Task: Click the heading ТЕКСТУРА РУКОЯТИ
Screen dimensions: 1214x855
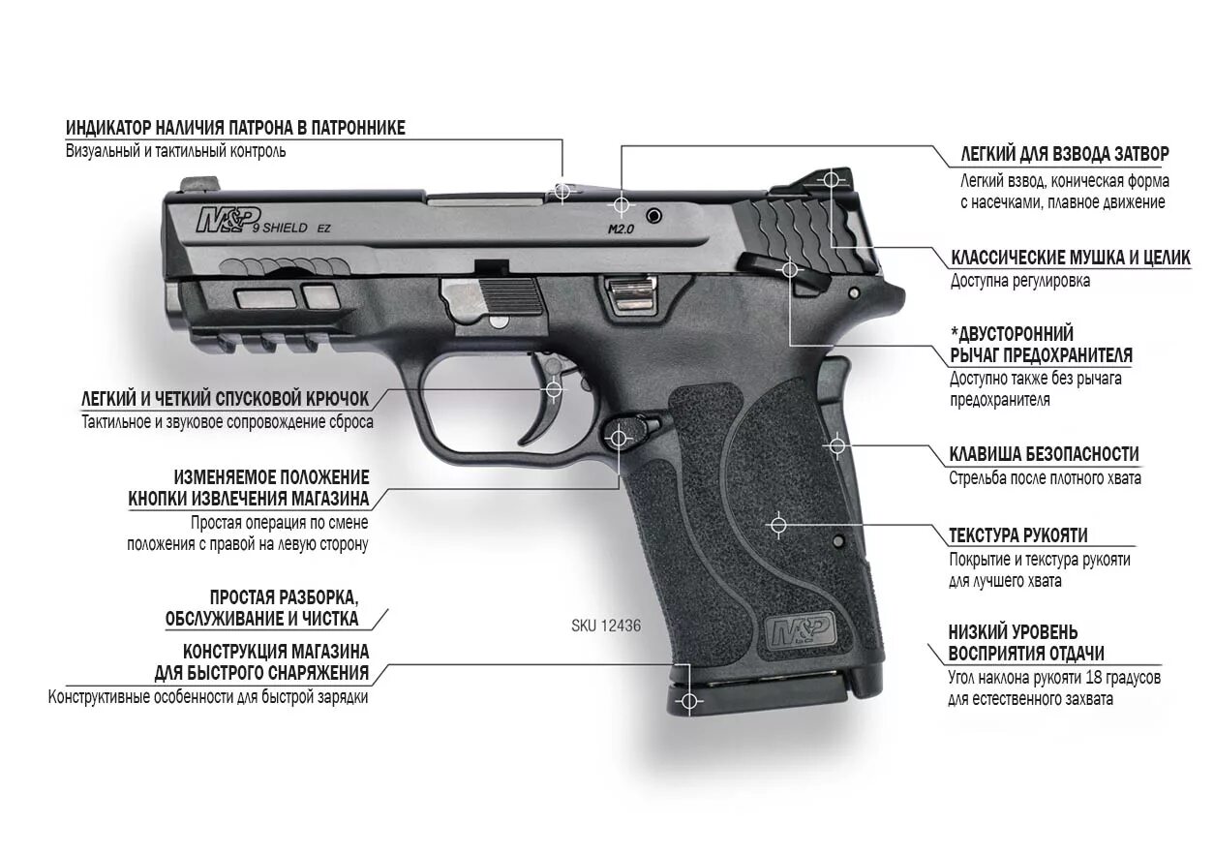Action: point(1017,535)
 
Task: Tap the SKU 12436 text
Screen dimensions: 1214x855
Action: point(605,626)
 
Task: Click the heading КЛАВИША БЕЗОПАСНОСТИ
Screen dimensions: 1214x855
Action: point(1044,454)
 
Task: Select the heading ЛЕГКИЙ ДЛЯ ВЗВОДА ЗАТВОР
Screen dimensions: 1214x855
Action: point(1064,154)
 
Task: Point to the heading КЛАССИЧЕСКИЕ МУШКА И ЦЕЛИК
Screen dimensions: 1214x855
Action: point(1071,258)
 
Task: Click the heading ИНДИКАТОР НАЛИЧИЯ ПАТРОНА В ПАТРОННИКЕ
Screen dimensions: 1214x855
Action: point(235,128)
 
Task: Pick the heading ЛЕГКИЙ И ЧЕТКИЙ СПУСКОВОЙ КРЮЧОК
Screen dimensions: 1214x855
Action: point(225,399)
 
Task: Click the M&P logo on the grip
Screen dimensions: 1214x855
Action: point(801,632)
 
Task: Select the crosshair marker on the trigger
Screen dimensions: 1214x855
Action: point(554,389)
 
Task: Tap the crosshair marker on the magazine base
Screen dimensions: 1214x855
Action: point(688,700)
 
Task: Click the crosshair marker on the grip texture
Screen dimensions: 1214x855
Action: point(776,524)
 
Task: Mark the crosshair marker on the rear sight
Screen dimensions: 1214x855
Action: point(830,179)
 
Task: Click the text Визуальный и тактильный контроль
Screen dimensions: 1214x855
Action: point(175,151)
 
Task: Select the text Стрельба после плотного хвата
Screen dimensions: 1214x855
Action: point(1045,477)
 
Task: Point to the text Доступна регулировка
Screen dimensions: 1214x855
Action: point(1019,281)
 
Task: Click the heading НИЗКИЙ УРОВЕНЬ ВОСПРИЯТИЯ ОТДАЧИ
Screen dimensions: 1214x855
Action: point(1026,643)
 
